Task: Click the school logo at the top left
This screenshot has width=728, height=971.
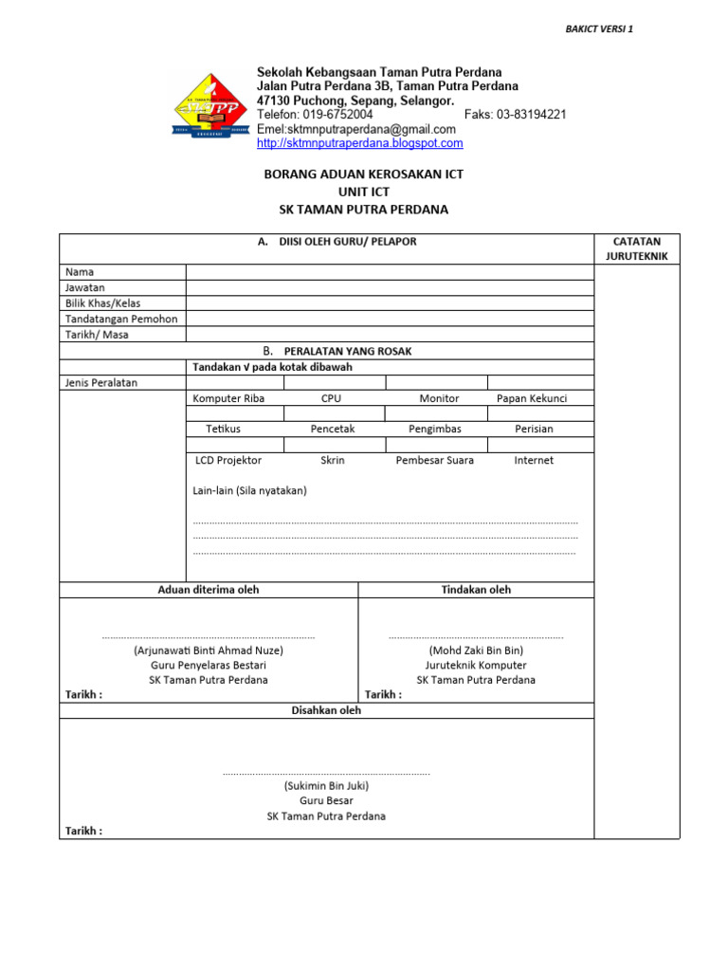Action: point(211,107)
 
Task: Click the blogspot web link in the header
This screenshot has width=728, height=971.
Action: point(360,143)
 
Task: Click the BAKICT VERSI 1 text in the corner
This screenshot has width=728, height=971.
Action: point(599,28)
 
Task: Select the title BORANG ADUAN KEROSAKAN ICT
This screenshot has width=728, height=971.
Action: point(363,175)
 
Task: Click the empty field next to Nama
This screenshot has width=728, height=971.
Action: point(390,272)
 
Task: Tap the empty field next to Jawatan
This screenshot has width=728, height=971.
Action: point(390,287)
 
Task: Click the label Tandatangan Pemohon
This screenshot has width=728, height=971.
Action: point(121,319)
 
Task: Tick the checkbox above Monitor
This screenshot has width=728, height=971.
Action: point(436,382)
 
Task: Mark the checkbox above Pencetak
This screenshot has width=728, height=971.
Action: point(334,413)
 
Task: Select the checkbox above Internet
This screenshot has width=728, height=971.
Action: point(540,445)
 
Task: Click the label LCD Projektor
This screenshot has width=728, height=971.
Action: point(227,460)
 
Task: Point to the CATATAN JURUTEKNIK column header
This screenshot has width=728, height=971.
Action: point(637,248)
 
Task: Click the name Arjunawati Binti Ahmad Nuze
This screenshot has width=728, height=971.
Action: point(209,650)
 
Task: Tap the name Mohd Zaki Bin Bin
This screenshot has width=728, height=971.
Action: point(476,650)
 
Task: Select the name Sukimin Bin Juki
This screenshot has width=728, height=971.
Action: point(326,785)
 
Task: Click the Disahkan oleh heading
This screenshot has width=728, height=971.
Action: point(326,710)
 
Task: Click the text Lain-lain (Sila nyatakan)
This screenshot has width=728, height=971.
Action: point(249,490)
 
